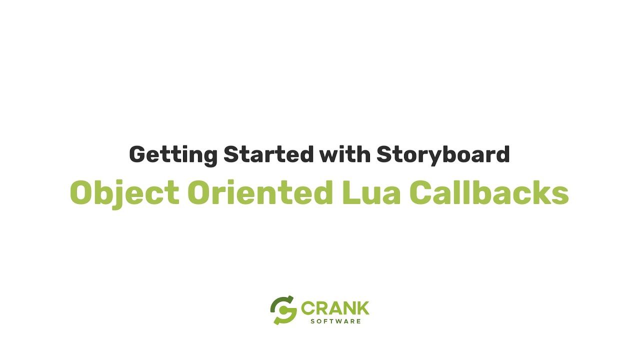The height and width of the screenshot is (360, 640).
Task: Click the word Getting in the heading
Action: click(173, 154)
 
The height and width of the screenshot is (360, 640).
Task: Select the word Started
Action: click(268, 154)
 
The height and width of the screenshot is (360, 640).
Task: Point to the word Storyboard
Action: click(443, 154)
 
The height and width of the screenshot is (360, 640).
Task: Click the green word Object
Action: click(124, 192)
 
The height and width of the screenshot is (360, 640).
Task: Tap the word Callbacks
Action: click(489, 192)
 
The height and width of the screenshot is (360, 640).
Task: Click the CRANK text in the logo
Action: click(335, 308)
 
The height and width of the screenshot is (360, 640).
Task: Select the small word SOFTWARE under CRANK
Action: click(335, 321)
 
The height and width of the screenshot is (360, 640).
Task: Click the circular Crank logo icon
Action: click(283, 310)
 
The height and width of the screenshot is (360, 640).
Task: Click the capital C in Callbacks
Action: click(421, 192)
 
